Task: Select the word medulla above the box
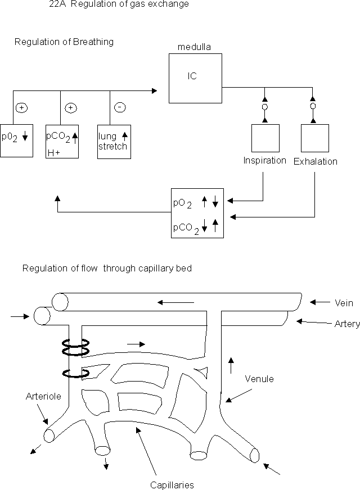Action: point(194,48)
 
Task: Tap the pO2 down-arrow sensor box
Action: point(17,140)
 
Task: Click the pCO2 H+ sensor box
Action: point(62,140)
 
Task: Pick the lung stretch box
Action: point(114,140)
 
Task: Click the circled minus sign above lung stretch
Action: point(120,107)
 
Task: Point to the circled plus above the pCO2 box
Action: point(70,107)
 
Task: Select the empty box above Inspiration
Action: point(265,138)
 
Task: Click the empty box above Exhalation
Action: point(315,138)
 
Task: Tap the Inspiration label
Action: point(264,161)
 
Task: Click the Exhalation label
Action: point(315,162)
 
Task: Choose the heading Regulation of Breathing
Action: point(64,42)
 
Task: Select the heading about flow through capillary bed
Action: point(107,269)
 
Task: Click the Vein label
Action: point(344,303)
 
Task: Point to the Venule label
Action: point(259,379)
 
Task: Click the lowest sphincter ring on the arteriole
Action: point(75,374)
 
